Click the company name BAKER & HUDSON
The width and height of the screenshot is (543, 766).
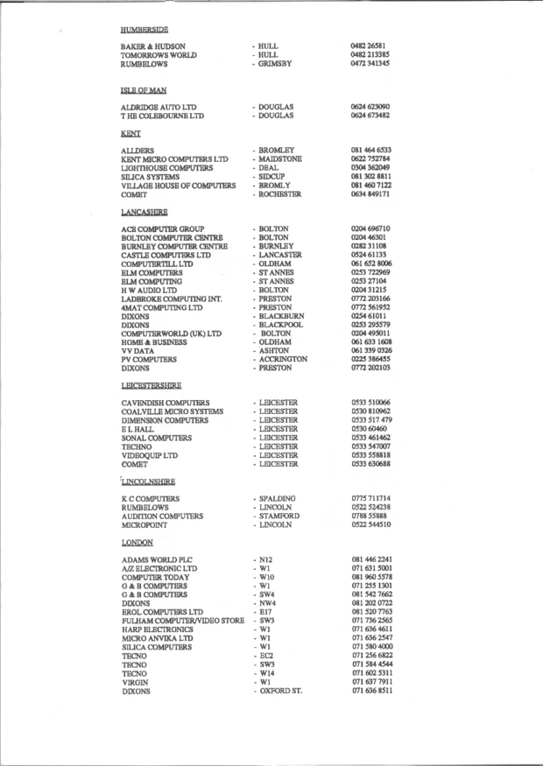(x=152, y=46)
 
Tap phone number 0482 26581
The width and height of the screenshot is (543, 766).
(x=368, y=46)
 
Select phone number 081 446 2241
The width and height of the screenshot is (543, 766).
(x=370, y=559)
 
